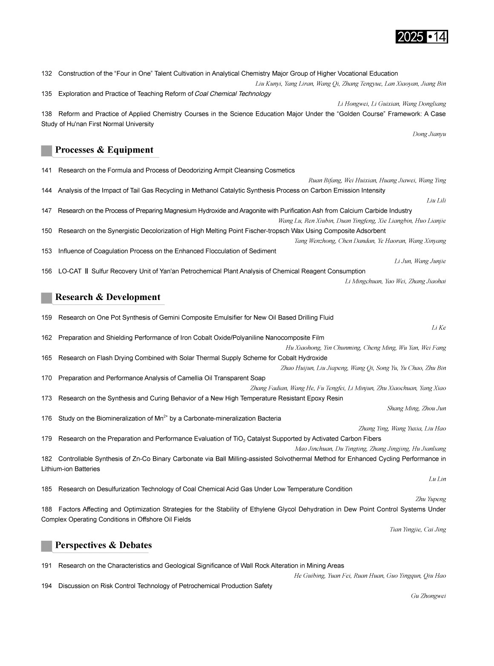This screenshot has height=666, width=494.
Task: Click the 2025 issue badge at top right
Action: pyautogui.click(x=422, y=37)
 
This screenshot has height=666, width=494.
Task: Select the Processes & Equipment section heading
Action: pyautogui.click(x=104, y=150)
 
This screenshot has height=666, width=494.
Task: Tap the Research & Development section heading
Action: pyautogui.click(x=108, y=297)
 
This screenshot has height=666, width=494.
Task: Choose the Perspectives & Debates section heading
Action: pyautogui.click(x=103, y=545)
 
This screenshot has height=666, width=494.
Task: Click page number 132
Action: pyautogui.click(x=46, y=74)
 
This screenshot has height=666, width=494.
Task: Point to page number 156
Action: pyautogui.click(x=46, y=271)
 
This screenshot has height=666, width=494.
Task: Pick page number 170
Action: pyautogui.click(x=46, y=378)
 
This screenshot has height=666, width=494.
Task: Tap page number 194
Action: pyautogui.click(x=46, y=586)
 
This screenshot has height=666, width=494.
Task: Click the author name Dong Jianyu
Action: pyautogui.click(x=429, y=134)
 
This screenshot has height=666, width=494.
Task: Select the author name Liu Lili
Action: pyautogui.click(x=436, y=201)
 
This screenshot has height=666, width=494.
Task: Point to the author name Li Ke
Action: pyautogui.click(x=439, y=328)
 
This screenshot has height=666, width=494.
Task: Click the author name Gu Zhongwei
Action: pyautogui.click(x=428, y=596)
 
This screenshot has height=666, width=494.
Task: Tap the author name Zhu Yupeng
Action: pyautogui.click(x=431, y=499)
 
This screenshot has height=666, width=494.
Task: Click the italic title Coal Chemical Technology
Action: pyautogui.click(x=233, y=94)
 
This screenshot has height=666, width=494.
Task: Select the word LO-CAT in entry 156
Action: pyautogui.click(x=70, y=271)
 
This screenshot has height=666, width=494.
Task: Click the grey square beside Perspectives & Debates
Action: pyautogui.click(x=46, y=546)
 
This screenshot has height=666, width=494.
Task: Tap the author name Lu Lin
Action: pyautogui.click(x=437, y=479)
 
